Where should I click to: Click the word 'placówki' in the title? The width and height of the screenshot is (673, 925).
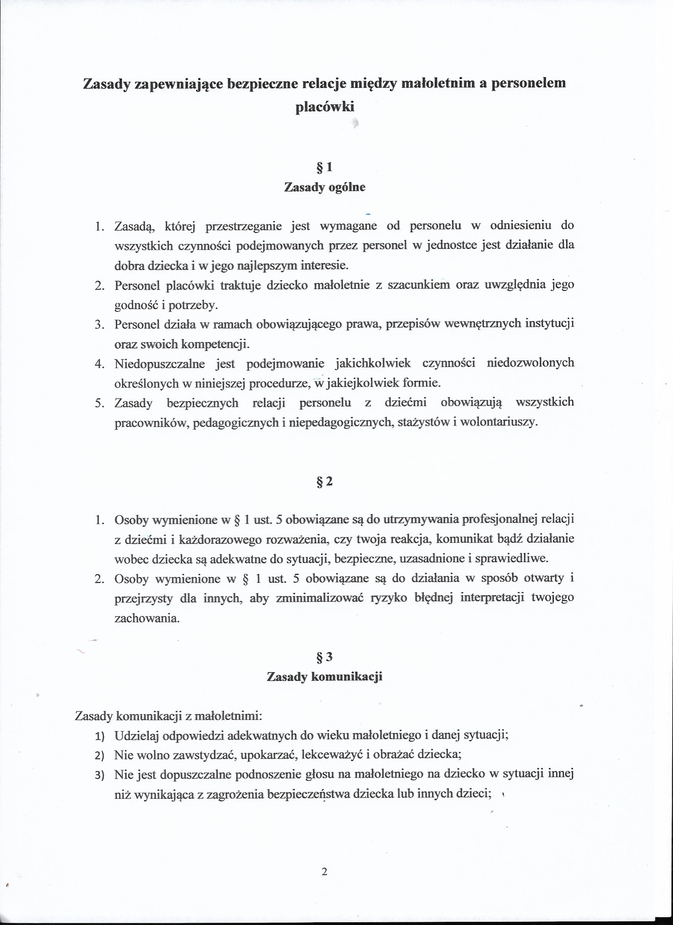325,107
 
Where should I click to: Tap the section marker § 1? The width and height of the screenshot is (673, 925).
325,167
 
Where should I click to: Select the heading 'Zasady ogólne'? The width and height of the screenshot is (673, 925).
325,187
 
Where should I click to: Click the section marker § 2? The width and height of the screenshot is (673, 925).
325,481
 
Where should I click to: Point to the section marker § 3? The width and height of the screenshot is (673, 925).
325,657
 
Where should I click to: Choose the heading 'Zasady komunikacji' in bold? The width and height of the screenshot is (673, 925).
325,677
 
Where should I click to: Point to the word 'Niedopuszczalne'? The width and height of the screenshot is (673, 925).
160,363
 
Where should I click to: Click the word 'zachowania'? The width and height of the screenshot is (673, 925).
147,618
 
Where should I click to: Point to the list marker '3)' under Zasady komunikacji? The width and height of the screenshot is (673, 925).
100,775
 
